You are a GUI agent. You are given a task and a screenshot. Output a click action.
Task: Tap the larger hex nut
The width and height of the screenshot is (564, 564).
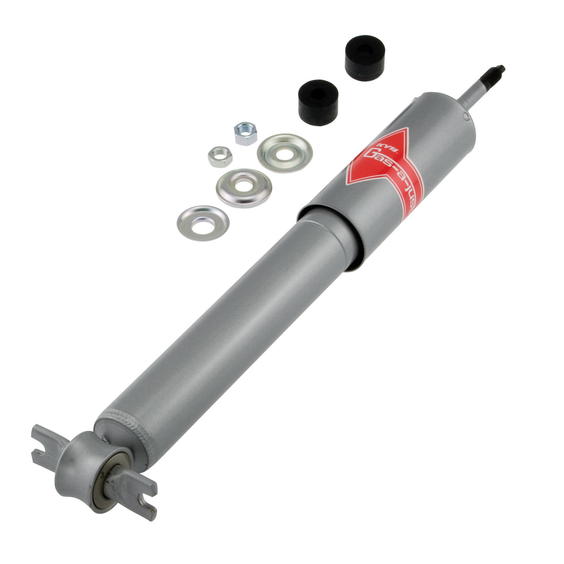click(245, 133)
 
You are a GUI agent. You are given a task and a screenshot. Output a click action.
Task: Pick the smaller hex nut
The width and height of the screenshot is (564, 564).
click(220, 156)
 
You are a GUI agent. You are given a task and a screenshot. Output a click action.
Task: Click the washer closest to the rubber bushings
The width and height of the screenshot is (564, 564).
click(285, 153)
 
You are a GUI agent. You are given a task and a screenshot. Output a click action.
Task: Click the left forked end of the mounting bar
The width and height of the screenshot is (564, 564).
click(41, 444)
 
